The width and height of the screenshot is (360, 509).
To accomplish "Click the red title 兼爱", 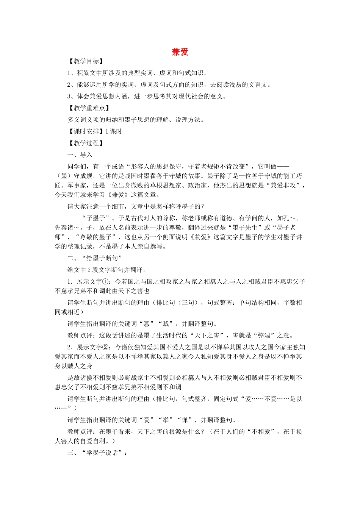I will click(180, 52).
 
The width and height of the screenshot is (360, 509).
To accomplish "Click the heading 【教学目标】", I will click(85, 61).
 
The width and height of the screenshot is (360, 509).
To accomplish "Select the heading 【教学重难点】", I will click(88, 108).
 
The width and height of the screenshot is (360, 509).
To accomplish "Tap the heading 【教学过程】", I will click(85, 143).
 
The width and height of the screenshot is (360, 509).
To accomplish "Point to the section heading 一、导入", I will click(80, 155).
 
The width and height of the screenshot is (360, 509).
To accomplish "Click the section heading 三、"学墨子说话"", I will click(97, 453).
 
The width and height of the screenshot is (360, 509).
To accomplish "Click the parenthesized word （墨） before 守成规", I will click(61, 176).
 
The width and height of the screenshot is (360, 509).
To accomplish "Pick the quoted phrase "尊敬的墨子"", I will click(94, 237).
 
